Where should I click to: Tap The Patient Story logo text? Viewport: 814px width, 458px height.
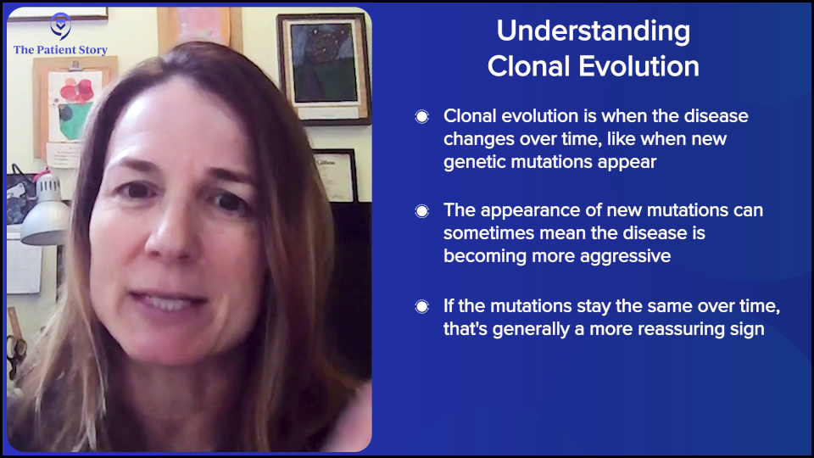[60, 50]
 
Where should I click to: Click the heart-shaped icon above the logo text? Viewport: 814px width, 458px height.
[60, 25]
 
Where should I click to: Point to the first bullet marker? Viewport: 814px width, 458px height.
[422, 117]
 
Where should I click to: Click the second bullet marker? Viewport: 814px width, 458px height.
[422, 211]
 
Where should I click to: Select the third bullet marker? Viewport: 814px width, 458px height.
[422, 306]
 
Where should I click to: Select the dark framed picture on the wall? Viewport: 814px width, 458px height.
[324, 68]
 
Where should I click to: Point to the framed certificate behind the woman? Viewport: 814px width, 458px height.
[337, 174]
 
